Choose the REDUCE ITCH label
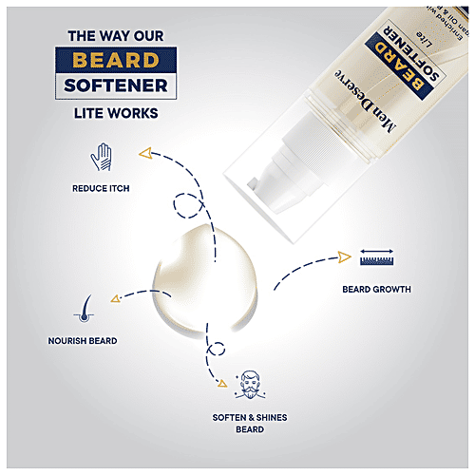(x=101, y=188)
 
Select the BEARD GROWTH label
(x=377, y=288)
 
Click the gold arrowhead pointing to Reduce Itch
(x=143, y=151)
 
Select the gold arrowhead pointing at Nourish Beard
(x=115, y=297)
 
